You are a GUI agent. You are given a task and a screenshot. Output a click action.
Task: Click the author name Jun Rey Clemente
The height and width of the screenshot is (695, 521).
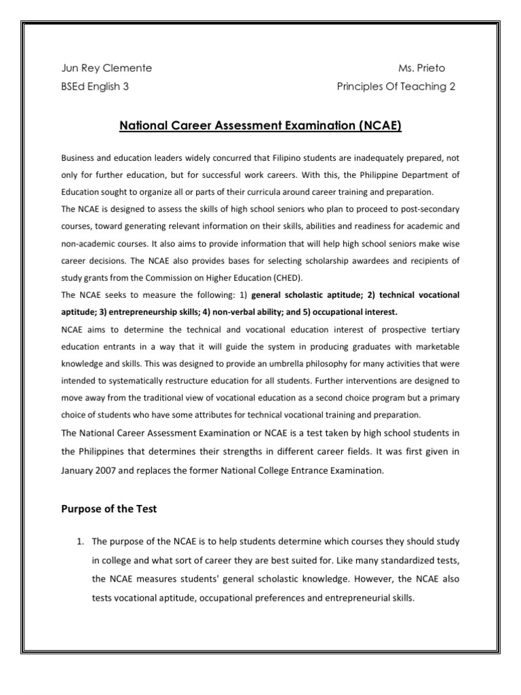(x=107, y=68)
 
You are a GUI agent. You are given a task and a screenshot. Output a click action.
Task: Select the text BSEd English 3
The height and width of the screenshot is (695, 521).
(x=95, y=86)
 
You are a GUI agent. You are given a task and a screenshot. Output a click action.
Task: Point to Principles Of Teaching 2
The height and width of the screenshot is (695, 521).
(x=396, y=86)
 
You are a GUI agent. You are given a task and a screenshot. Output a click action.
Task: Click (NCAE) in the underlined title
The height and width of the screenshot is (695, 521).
(x=376, y=126)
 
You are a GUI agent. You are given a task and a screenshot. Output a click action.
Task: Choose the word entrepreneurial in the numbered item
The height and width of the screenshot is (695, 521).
(x=359, y=599)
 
